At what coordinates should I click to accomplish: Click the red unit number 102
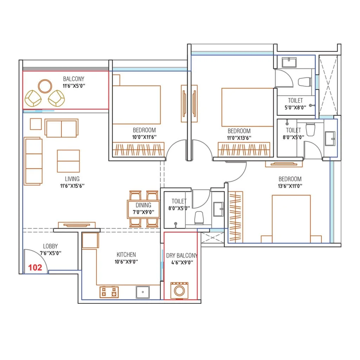[x=35, y=268]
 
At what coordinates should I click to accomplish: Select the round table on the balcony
[x=45, y=86]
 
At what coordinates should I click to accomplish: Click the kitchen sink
[x=143, y=291]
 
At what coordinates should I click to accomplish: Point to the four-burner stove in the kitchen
[x=109, y=292]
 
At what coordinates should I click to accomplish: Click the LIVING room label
[x=72, y=179]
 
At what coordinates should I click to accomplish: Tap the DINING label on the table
[x=143, y=205]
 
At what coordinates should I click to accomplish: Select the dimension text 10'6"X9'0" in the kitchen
[x=126, y=262]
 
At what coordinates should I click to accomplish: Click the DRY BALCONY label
[x=181, y=256]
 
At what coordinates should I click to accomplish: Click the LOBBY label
[x=50, y=246]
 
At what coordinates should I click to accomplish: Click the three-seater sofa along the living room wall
[x=33, y=161]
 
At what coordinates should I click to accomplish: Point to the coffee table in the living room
[x=68, y=161]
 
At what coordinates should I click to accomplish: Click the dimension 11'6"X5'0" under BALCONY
[x=73, y=85]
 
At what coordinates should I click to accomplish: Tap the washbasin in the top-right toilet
[x=289, y=63]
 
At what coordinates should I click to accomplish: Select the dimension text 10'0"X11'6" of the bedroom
[x=144, y=137]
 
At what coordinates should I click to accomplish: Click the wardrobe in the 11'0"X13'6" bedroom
[x=244, y=149]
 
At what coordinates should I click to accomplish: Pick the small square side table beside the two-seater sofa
[x=36, y=124]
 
